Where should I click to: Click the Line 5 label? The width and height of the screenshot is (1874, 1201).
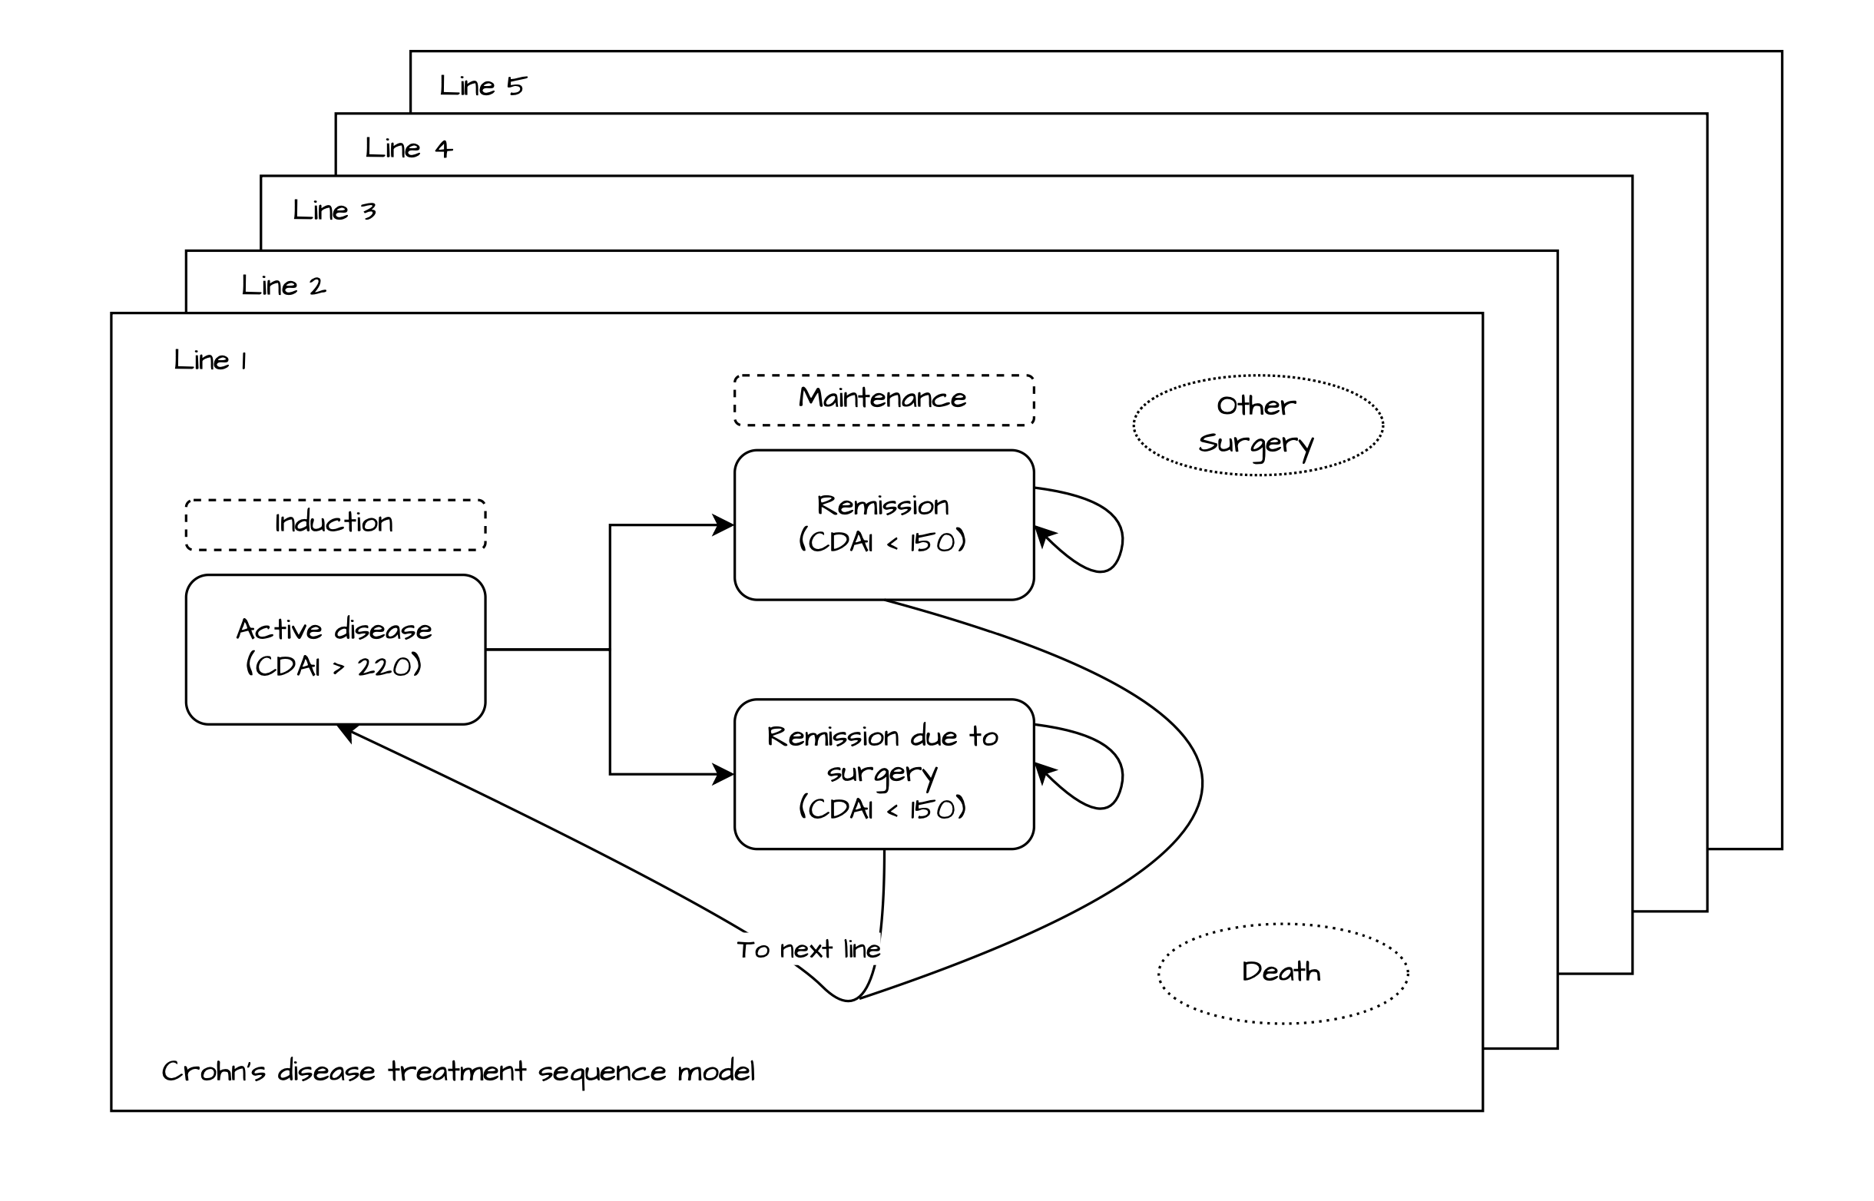point(483,86)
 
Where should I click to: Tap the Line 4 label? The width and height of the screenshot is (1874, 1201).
point(408,148)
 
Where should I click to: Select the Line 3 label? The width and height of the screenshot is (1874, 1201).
point(334,210)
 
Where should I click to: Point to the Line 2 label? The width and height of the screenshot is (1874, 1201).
point(283,286)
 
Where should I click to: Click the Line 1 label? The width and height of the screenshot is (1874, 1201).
point(210,360)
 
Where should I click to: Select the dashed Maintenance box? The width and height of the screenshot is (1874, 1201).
point(882,400)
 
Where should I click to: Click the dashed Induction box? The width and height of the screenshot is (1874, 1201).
point(335,524)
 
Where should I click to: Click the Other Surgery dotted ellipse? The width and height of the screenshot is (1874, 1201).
point(1257,425)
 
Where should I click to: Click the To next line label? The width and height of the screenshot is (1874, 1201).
point(809,949)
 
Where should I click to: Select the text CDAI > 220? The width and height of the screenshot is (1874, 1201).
point(334,667)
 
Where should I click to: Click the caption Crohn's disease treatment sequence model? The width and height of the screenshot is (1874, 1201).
point(458,1071)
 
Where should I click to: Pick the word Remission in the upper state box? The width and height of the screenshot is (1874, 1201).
point(882,505)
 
